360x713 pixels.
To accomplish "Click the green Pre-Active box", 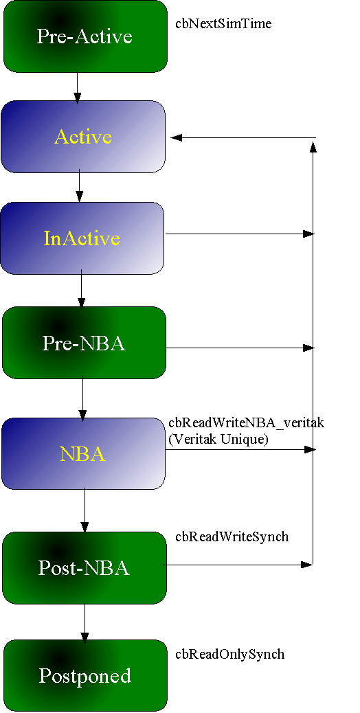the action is tap(85, 36).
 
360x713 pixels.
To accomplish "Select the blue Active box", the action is tap(83, 137).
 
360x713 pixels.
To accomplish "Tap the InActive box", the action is tap(82, 238).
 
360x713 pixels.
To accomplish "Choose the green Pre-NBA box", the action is tap(84, 343).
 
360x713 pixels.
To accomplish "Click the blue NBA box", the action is tap(83, 453).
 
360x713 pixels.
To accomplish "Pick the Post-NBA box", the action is tap(85, 568).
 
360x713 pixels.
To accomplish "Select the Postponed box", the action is tap(85, 676).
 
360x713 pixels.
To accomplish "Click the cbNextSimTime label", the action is tap(224, 23).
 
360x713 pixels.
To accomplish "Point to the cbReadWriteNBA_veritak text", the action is tap(247, 423).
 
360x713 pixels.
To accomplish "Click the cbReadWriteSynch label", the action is tap(232, 536).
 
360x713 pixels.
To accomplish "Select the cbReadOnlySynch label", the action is tap(230, 654).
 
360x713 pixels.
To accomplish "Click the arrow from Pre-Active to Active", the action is tap(77, 88).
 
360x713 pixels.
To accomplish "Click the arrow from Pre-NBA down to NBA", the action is tap(82, 398).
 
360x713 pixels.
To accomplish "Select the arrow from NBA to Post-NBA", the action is tap(85, 510).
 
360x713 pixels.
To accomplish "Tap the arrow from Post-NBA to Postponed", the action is tap(85, 621).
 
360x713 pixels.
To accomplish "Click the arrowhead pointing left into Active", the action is tap(176, 137).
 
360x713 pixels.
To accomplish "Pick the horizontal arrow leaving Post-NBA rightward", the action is tap(238, 565).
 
